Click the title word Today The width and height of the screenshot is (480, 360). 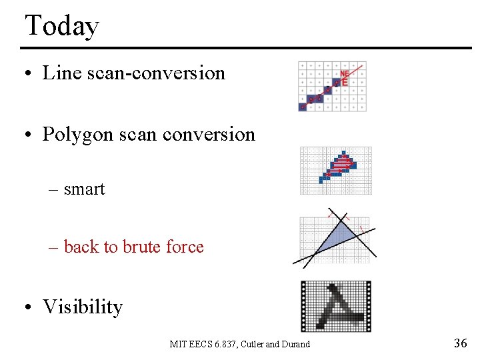[61, 27]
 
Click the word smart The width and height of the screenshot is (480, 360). [85, 189]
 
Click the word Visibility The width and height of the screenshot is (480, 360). [83, 307]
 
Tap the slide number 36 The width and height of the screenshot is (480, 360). [460, 343]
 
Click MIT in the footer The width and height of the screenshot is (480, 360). [178, 345]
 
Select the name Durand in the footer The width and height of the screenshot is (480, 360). [295, 345]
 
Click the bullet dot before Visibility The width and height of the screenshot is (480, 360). [29, 307]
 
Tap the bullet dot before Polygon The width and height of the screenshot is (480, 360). [29, 135]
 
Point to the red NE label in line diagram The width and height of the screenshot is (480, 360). [345, 73]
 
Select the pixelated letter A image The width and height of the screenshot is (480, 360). [335, 306]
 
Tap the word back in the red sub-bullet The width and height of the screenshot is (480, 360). [81, 247]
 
